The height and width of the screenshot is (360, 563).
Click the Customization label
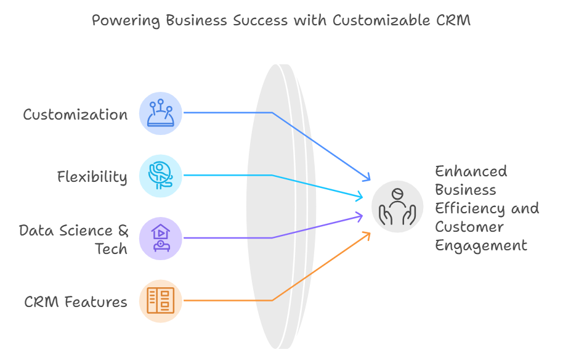pos(75,115)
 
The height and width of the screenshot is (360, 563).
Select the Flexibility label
pos(92,177)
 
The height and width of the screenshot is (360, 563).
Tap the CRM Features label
pos(76,302)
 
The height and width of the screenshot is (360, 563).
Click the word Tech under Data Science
pos(111,248)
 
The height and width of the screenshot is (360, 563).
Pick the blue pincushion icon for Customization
pos(161,113)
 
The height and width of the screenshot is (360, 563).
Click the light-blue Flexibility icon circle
pos(161,176)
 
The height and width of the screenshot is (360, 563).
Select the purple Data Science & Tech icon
pos(161,239)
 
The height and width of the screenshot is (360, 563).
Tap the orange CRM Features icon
pos(161,301)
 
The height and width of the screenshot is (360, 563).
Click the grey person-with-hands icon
pos(397,207)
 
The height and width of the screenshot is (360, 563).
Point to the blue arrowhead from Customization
pos(367,177)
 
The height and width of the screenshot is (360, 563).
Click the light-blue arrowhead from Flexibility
pos(359,197)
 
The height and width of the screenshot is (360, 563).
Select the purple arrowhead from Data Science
pos(359,216)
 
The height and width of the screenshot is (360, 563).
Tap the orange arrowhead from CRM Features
pos(367,235)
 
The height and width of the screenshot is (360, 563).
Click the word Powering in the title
pos(126,20)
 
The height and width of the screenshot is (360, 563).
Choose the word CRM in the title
pos(453,20)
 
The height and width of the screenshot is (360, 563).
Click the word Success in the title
pos(261,20)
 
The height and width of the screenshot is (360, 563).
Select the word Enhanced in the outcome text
pos(471,171)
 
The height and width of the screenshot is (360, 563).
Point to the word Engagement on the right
pos(481,246)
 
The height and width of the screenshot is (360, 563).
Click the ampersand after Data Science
pos(123,231)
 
